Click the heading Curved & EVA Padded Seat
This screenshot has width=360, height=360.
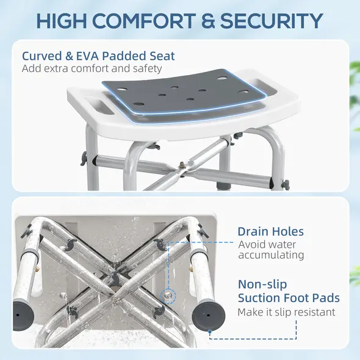98,56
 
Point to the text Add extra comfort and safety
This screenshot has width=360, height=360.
92,68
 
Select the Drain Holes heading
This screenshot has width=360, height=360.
270,232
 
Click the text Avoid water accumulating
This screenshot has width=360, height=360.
270,250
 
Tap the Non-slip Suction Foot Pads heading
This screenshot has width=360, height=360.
288,292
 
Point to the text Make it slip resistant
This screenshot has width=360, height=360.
286,312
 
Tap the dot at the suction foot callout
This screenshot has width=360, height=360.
210,333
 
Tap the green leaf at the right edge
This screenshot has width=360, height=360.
353,79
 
